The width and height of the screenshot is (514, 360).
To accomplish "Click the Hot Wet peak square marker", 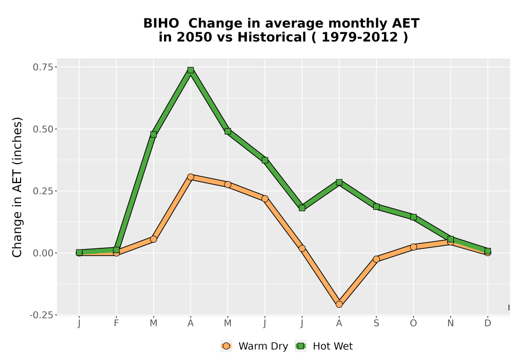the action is [191, 70].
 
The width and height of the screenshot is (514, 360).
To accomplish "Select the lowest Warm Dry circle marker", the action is [339, 304].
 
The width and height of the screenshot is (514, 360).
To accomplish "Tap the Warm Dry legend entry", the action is [254, 346].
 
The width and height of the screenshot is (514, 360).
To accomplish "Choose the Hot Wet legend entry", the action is [324, 346].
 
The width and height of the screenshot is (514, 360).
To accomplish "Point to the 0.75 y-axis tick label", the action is [43, 67].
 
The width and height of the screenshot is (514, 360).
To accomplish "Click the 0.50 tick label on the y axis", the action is [43, 129].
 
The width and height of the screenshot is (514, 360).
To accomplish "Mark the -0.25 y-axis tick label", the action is [41, 315].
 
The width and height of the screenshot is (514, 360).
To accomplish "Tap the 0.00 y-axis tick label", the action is [43, 253].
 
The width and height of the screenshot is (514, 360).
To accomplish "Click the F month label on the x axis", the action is [116, 323].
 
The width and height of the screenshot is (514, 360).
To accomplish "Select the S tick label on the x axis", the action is [376, 323].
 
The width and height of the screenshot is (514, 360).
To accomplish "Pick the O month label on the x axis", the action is [413, 323].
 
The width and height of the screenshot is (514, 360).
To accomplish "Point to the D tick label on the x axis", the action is [488, 323].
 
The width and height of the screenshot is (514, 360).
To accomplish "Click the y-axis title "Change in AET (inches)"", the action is [17, 187].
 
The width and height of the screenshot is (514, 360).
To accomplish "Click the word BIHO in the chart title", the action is [161, 23].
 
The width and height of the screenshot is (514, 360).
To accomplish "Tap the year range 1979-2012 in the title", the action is [360, 37].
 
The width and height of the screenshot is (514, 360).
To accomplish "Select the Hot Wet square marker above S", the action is [376, 207].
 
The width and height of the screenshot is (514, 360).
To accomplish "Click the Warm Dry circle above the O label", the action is [413, 247].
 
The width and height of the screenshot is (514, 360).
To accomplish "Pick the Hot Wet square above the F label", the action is [116, 250].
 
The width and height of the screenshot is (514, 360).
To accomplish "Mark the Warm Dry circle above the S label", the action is [376, 259].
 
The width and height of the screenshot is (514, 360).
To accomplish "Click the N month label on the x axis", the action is [450, 323].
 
